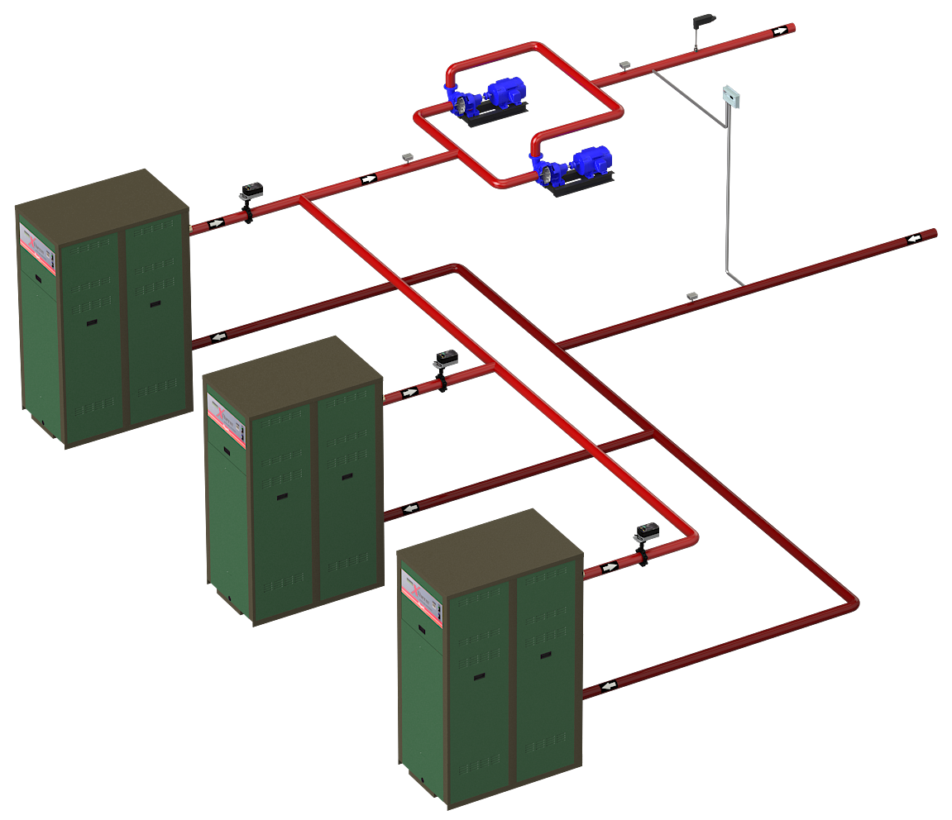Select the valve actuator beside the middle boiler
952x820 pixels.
point(445,359)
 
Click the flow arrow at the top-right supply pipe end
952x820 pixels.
point(779,31)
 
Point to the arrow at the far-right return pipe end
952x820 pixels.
point(915,239)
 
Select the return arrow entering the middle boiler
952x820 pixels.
point(411,508)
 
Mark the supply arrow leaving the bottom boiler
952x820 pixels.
point(610,567)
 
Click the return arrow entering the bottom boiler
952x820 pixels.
point(610,686)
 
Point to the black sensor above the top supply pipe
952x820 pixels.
point(705,20)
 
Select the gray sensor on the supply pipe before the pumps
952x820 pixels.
point(407,155)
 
